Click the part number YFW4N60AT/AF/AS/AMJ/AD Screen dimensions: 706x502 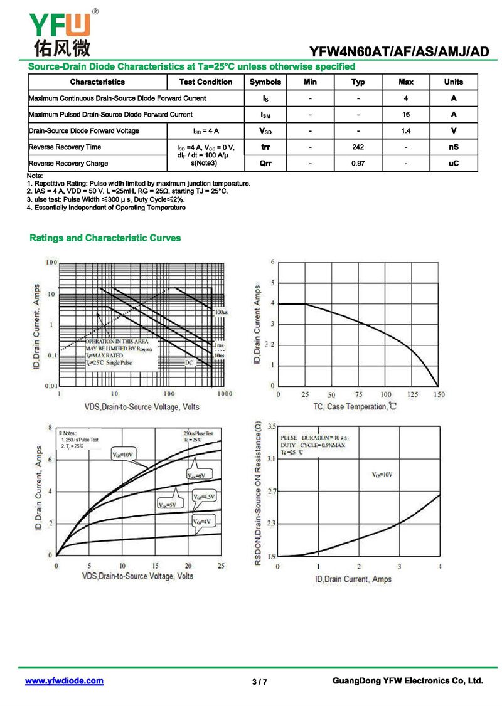pyautogui.click(x=399, y=52)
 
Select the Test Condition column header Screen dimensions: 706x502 pyautogui.click(x=205, y=82)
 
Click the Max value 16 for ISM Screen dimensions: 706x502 pyautogui.click(x=406, y=115)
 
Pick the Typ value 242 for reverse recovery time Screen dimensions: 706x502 pyautogui.click(x=358, y=147)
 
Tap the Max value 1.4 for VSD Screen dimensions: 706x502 pyautogui.click(x=406, y=131)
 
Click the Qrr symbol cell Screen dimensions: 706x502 pyautogui.click(x=265, y=164)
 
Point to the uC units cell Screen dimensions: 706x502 pyautogui.click(x=454, y=164)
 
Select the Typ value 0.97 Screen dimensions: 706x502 pyautogui.click(x=358, y=164)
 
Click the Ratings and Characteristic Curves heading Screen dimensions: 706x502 pyautogui.click(x=105, y=238)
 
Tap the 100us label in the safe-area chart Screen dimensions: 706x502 pyautogui.click(x=221, y=312)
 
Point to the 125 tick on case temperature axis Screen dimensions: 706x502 pyautogui.click(x=412, y=395)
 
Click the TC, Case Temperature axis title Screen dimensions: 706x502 pyautogui.click(x=355, y=408)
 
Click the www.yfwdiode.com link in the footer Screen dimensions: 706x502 pyautogui.click(x=64, y=681)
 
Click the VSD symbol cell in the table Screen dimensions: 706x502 pyautogui.click(x=265, y=131)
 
